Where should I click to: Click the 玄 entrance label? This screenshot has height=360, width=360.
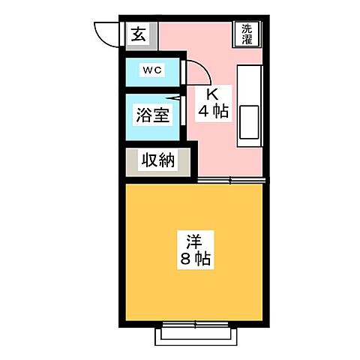140,34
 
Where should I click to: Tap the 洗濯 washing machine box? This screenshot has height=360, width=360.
248,34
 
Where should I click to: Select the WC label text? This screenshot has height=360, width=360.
153,70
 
